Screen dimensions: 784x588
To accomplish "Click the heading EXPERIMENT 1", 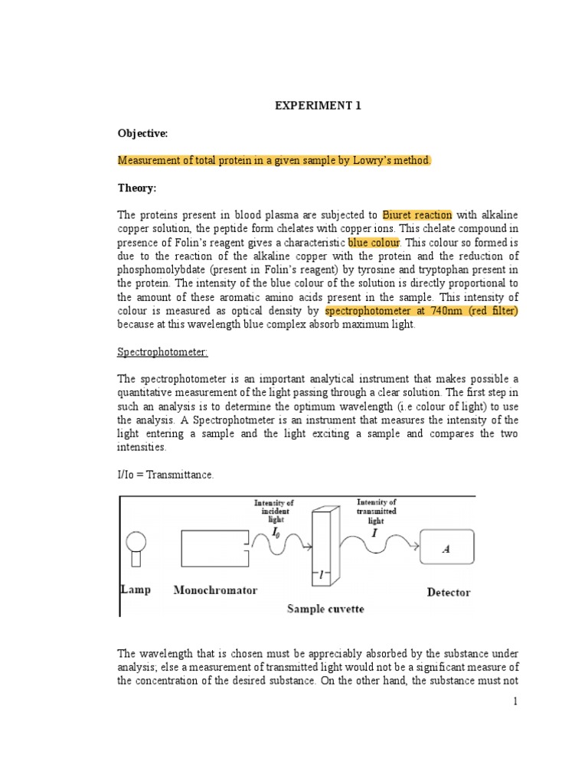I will tap(318, 106).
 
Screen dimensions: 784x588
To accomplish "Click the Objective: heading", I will tap(142, 133).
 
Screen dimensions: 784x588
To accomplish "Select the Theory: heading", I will tap(137, 187).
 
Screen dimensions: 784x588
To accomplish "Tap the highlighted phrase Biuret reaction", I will tap(417, 215).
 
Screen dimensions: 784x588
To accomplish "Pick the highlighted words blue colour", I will tap(374, 243).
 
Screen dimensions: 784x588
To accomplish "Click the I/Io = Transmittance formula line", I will tap(165, 475).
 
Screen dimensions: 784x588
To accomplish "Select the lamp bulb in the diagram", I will tap(136, 540).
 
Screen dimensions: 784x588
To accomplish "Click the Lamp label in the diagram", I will tap(136, 590).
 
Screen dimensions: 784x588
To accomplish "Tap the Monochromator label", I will tap(215, 590).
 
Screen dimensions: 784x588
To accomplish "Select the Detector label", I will tap(448, 592).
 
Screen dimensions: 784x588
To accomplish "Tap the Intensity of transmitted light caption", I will tap(375, 511).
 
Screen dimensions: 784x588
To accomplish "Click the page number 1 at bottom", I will tap(516, 702).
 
